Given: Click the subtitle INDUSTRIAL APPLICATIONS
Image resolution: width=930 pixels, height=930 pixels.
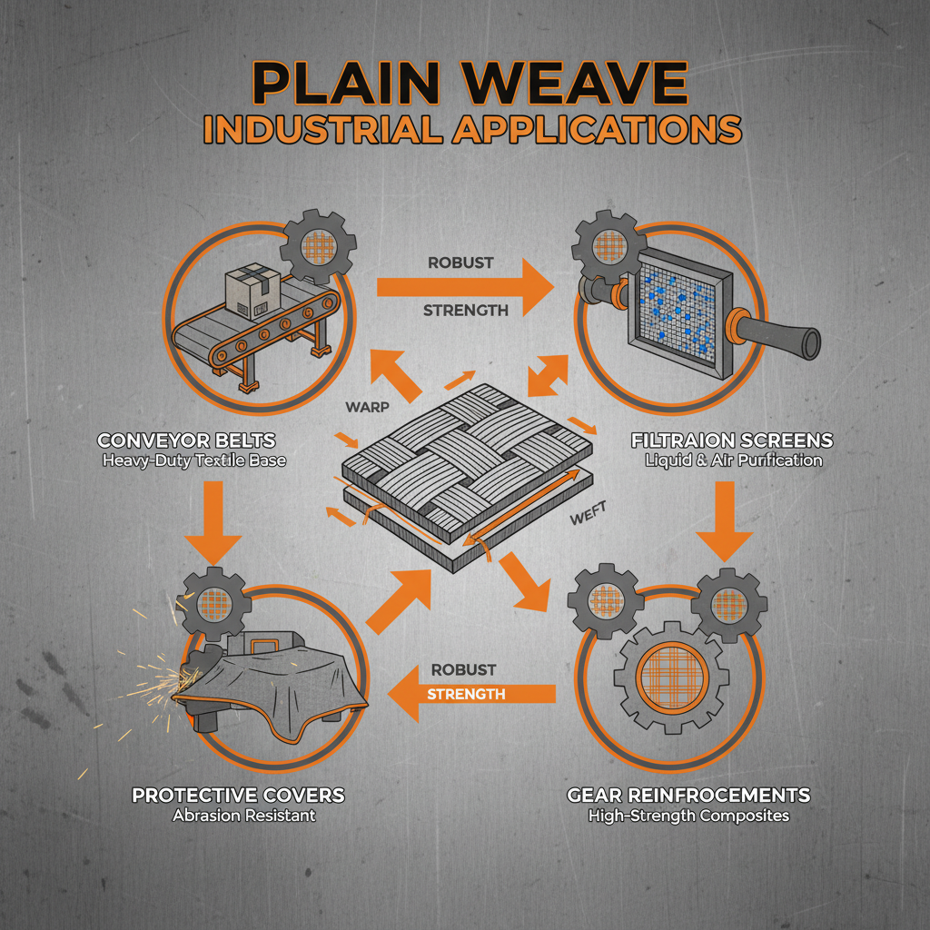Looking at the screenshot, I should [471, 128].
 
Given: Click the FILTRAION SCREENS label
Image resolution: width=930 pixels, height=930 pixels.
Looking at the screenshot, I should [731, 441].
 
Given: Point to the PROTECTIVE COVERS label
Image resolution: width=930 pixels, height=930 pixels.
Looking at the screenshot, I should [238, 796].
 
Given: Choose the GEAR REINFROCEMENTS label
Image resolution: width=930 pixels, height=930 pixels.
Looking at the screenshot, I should [688, 796].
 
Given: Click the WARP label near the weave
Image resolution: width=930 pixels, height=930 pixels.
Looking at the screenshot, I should [369, 406].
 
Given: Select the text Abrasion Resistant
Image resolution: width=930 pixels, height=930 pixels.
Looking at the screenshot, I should [244, 816].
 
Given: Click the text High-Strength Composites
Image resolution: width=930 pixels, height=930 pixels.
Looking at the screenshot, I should [688, 816].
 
